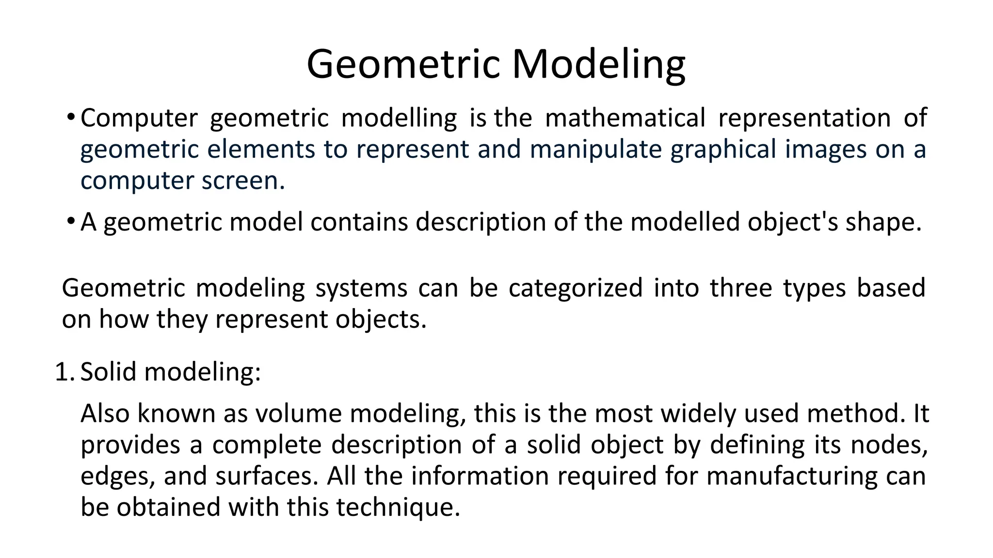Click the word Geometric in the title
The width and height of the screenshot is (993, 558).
(x=403, y=64)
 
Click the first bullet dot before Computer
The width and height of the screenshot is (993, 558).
(x=71, y=117)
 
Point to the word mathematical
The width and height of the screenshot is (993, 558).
(x=625, y=118)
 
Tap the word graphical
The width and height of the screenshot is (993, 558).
(x=723, y=149)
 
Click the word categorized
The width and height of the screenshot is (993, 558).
(x=576, y=288)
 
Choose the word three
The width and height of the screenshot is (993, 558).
(x=741, y=288)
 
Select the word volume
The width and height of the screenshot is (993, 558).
(x=298, y=414)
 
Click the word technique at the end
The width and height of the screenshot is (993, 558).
(x=397, y=508)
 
